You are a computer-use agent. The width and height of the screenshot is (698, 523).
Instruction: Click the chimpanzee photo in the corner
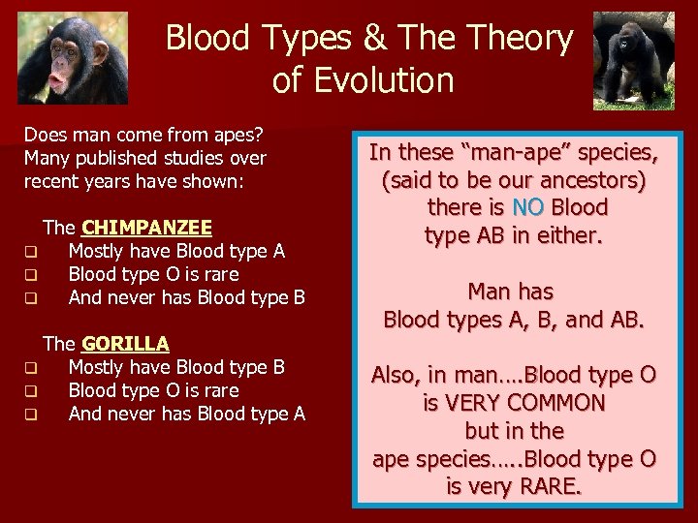[73, 57]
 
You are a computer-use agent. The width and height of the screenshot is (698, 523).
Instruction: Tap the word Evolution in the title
[364, 80]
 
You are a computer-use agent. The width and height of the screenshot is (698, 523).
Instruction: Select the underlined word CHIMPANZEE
[146, 228]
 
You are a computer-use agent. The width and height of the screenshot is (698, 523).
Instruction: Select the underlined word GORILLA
[125, 344]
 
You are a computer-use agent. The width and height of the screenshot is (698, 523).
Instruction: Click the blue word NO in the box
[528, 207]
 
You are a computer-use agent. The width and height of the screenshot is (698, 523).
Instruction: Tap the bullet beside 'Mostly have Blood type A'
[31, 253]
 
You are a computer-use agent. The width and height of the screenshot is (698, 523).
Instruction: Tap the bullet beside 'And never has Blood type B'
[31, 299]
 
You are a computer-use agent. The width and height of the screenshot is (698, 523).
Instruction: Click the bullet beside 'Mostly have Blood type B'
[31, 369]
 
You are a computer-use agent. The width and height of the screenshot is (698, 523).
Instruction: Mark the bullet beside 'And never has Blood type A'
[31, 415]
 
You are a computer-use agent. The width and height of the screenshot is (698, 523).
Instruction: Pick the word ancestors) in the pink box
[591, 180]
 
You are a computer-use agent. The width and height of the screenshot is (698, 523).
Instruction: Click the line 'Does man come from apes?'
[144, 135]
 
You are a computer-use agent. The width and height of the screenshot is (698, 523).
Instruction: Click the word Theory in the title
[519, 38]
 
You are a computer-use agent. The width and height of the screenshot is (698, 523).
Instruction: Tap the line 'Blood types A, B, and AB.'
[514, 319]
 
